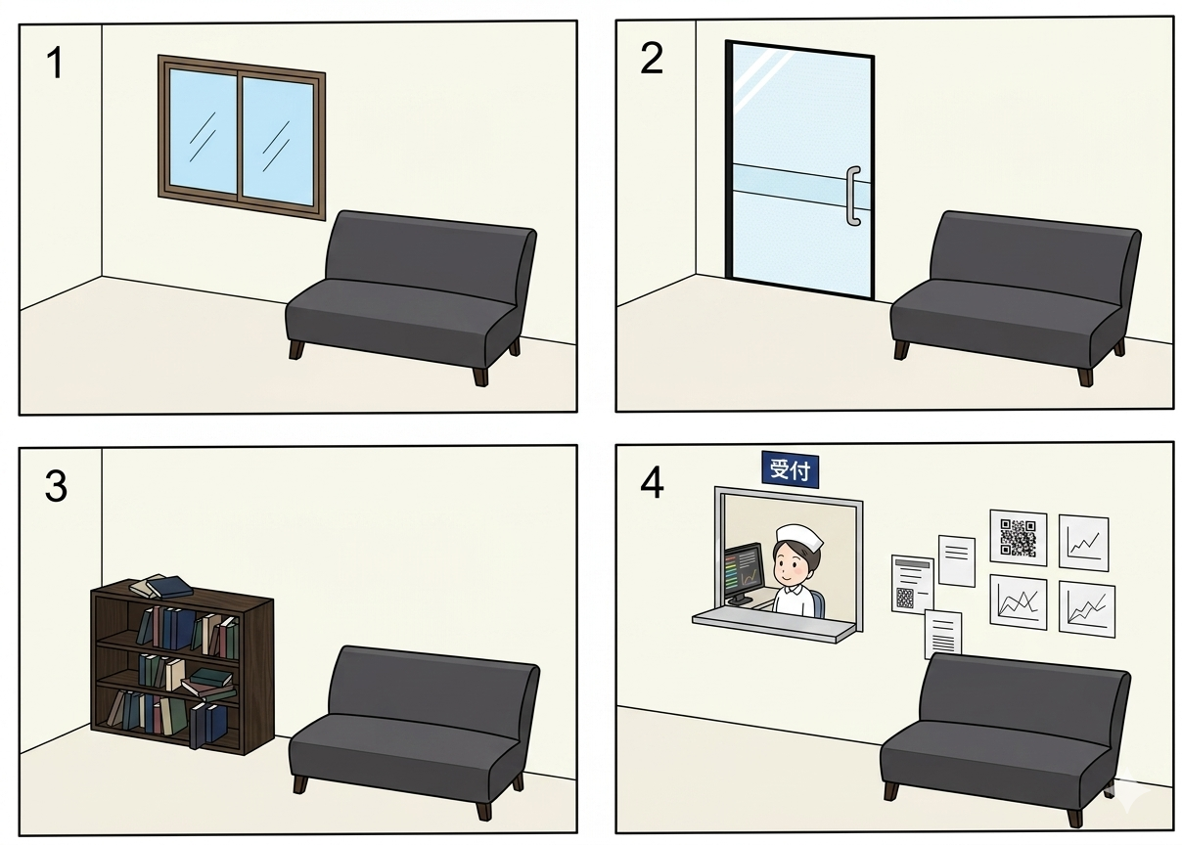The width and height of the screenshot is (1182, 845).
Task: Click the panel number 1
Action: [56, 63]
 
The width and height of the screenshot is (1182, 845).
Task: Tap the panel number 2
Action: [651, 59]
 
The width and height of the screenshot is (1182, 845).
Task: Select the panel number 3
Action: [56, 486]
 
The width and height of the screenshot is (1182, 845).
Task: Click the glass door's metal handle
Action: [852, 197]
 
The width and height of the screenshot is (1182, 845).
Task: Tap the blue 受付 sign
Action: [790, 468]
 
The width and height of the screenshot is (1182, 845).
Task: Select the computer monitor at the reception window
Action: [744, 573]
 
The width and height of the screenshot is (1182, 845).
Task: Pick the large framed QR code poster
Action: [1018, 538]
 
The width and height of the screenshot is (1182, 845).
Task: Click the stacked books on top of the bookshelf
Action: [162, 587]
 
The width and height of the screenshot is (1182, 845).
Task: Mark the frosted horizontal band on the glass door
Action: [801, 186]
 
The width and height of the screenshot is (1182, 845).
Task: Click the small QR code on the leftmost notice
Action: [904, 598]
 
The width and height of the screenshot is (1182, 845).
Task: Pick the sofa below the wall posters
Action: [1005, 738]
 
